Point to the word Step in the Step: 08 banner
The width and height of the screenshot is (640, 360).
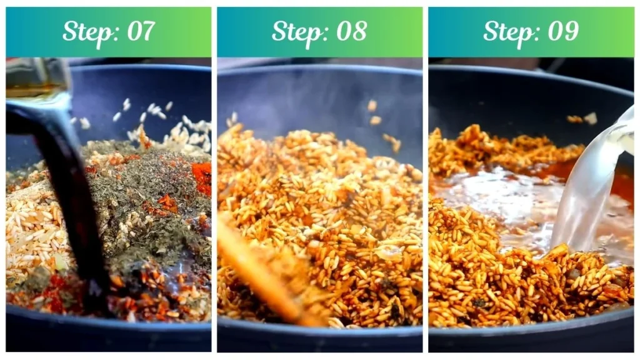point(297,31)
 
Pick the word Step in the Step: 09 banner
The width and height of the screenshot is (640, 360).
point(508,31)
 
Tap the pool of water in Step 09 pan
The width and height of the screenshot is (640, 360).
point(500,200)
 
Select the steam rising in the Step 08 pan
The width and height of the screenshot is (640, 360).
point(300,94)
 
